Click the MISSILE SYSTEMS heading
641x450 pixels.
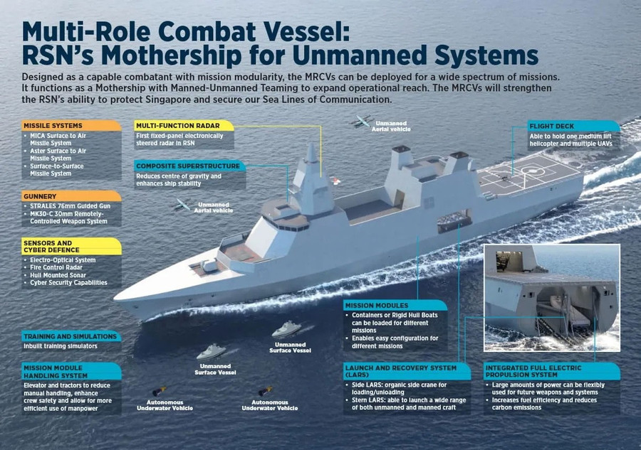pos(53,126)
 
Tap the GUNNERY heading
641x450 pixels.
pos(40,195)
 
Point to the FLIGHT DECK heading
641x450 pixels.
pos(552,126)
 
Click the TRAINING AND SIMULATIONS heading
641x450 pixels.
pos(70,336)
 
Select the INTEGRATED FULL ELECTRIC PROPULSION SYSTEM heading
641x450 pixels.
pos(533,371)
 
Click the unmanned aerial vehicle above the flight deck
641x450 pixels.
pos(363,121)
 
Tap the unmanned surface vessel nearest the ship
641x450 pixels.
pos(286,329)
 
